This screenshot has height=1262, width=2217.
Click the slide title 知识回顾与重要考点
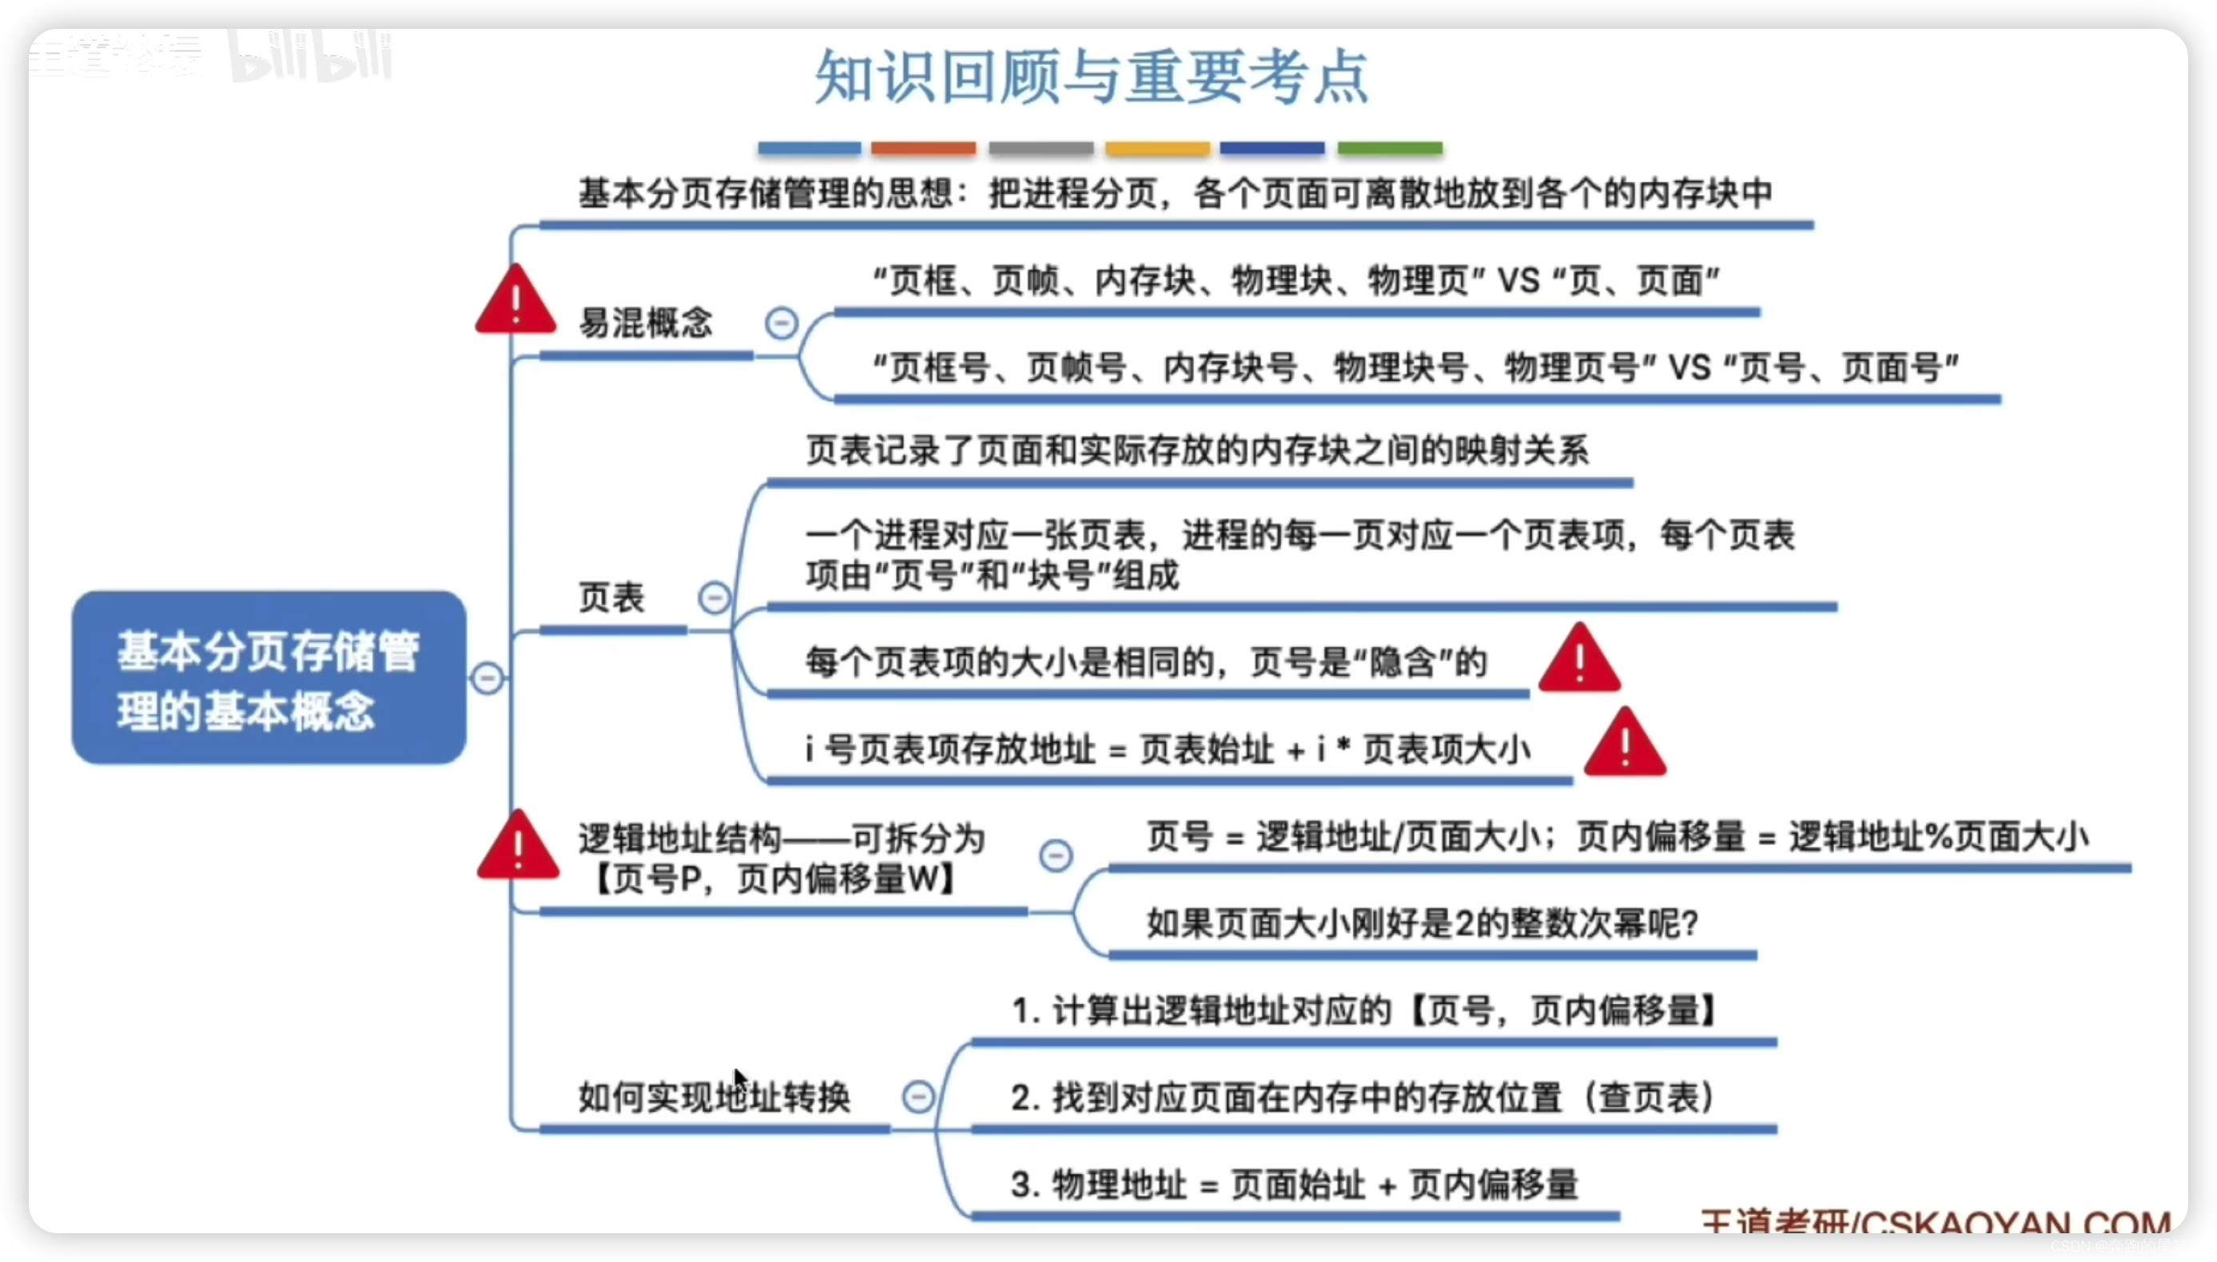1091,78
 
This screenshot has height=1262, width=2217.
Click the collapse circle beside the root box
488,678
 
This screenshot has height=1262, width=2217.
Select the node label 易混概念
645,323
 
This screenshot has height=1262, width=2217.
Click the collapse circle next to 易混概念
781,323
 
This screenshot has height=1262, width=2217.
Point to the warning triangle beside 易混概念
515,301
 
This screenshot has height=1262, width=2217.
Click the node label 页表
611,598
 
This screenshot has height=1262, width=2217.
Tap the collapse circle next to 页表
714,598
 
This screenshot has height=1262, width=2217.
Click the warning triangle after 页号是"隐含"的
1579,661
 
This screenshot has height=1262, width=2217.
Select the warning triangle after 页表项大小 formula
1625,744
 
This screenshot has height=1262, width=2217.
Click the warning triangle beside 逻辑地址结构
519,847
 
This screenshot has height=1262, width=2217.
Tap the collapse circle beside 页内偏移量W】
1056,856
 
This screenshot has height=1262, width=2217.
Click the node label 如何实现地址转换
714,1097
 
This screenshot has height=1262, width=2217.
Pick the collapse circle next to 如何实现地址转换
918,1097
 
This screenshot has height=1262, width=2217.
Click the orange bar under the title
923,149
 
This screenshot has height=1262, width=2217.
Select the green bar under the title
1390,149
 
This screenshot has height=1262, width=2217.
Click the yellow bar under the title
1157,149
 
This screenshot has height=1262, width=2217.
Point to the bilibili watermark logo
310,58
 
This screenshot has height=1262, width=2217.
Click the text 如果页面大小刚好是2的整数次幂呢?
1422,924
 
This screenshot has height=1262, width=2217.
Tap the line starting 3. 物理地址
1294,1185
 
